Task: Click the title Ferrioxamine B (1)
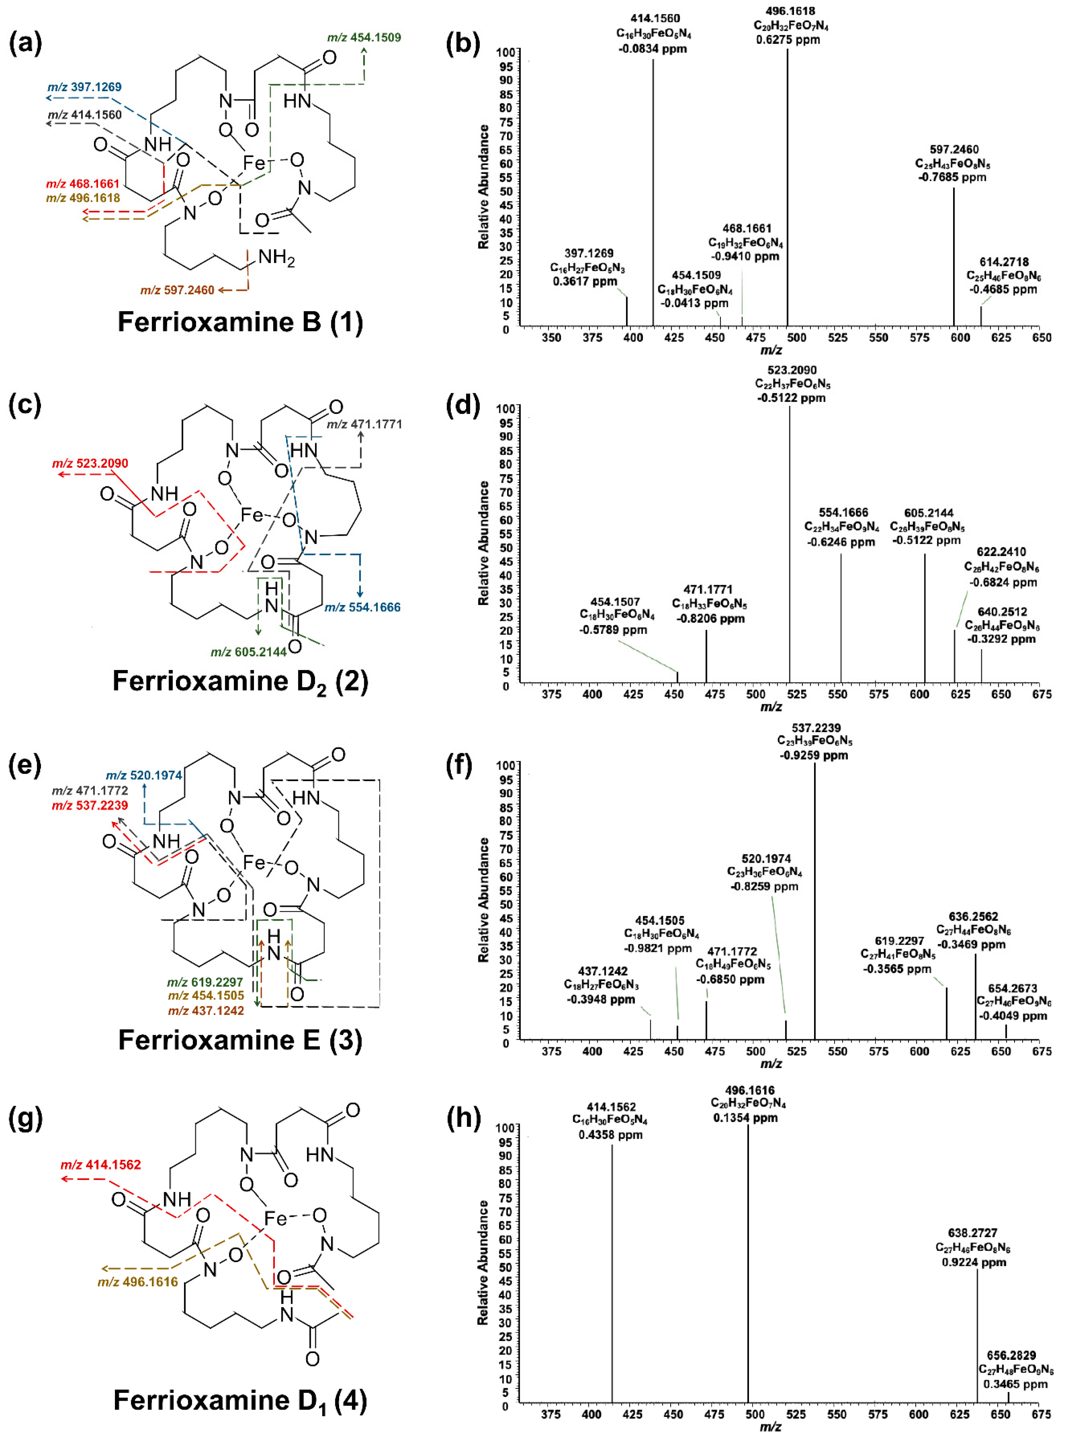[240, 322]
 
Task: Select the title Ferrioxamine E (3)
[240, 1040]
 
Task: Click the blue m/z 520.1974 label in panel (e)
[144, 775]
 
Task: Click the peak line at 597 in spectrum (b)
[954, 259]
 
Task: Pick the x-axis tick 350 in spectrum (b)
[551, 338]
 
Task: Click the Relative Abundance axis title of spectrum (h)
[483, 1262]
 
